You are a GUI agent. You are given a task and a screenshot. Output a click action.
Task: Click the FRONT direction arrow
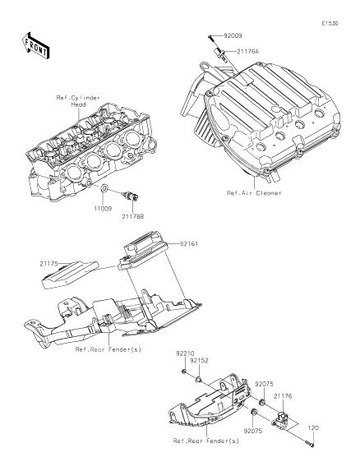[35, 45]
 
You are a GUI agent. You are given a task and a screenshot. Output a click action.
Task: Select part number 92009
[233, 35]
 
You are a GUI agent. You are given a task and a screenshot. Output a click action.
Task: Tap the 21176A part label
[247, 51]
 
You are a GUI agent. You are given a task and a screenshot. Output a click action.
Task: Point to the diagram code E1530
[330, 23]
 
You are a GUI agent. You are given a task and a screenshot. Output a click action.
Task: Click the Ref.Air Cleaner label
[254, 193]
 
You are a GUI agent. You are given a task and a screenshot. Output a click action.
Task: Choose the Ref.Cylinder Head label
[78, 101]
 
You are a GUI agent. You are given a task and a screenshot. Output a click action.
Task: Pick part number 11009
[103, 209]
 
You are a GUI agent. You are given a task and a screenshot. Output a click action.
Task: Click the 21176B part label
[132, 216]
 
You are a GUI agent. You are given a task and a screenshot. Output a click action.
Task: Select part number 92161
[189, 243]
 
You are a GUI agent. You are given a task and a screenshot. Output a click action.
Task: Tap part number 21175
[49, 264]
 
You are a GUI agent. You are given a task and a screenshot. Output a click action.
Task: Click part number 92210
[185, 353]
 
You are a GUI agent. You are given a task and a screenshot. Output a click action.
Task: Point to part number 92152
[199, 361]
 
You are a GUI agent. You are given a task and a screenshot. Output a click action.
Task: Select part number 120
[313, 427]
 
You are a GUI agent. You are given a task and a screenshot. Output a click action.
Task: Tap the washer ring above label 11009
[104, 188]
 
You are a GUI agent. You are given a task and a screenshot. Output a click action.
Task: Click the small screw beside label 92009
[211, 39]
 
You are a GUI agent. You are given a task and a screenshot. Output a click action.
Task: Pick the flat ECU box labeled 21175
[70, 275]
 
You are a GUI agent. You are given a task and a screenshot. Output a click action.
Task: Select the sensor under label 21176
[281, 419]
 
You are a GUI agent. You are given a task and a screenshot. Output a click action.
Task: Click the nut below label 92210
[184, 372]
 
